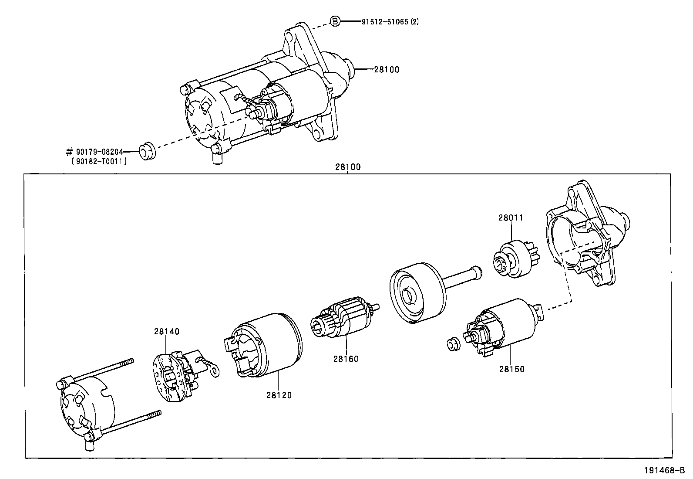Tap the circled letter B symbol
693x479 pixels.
[x=334, y=21]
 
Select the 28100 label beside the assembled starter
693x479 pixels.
[x=386, y=69]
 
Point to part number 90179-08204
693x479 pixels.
[x=99, y=152]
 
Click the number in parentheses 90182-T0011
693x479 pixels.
[x=99, y=161]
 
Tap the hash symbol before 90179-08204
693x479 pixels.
[x=69, y=152]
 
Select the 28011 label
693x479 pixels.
[x=511, y=217]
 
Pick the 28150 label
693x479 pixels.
[x=511, y=369]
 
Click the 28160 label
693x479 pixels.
[x=346, y=359]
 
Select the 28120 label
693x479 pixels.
[x=279, y=395]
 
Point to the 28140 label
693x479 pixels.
[x=166, y=331]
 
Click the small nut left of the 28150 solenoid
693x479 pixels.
[x=453, y=344]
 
